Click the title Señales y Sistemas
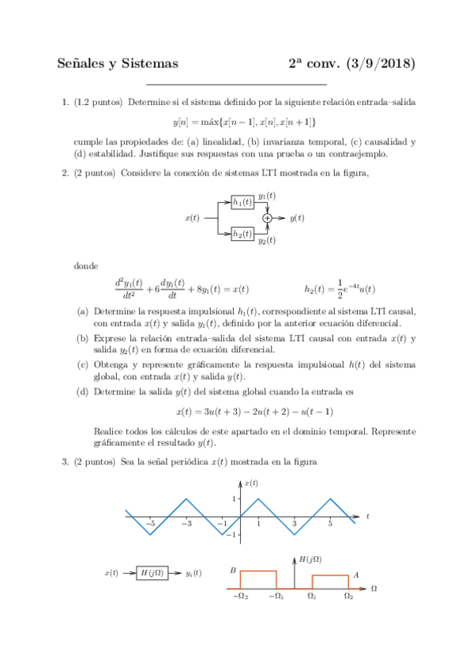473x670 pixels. pos(118,64)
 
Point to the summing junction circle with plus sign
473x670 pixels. pos(268,217)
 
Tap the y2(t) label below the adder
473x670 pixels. pos(267,240)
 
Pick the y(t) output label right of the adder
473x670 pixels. pos(297,217)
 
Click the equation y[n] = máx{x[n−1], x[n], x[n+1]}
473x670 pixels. pos(244,122)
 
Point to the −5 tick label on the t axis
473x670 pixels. pos(150,524)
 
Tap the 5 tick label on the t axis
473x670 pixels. pos(330,524)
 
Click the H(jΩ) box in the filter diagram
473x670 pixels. pos(152,574)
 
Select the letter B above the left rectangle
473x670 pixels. pos(233,570)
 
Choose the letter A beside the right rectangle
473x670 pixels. pos(356,574)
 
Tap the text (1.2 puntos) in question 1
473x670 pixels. pos(98,103)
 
